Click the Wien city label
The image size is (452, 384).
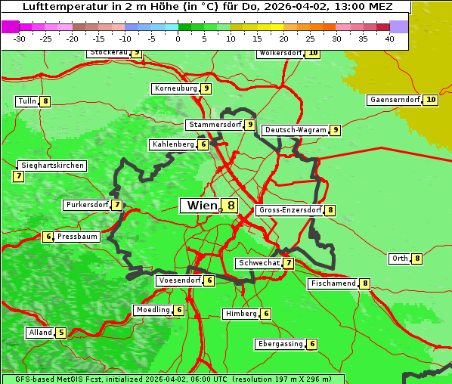coord(201,206)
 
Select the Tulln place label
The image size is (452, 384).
coord(26,101)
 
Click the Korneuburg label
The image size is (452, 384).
coord(176,88)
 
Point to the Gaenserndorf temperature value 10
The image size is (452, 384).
coord(431,100)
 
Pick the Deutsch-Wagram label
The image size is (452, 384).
coord(296,130)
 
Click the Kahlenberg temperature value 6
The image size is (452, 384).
coord(203,144)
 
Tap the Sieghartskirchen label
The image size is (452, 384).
coord(52,166)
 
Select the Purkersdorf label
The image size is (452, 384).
coord(87,205)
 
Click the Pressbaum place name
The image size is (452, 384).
coord(78,237)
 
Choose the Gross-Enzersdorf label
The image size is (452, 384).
coord(290,210)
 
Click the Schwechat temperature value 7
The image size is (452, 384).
coord(289,263)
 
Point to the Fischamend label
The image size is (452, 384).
coord(333,283)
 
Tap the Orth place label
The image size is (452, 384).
coord(399,259)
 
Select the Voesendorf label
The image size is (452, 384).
coord(179,280)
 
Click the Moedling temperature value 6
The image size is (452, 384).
coord(179,310)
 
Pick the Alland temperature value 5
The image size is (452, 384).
coord(61,333)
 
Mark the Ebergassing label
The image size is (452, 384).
coord(280,344)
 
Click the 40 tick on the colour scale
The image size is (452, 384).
coord(389,38)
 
